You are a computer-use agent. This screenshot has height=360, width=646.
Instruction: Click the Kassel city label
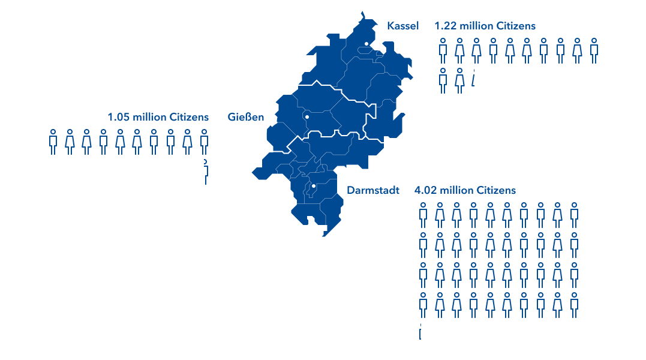[x=403, y=26]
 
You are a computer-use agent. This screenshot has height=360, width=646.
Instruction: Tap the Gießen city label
[x=246, y=116]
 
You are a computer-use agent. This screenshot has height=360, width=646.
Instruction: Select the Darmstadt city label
[x=373, y=190]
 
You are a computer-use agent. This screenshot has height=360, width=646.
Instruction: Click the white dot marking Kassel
[x=366, y=43]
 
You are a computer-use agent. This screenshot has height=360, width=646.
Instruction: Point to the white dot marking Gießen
[x=307, y=117]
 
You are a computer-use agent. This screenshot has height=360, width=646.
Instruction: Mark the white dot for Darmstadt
[x=313, y=187]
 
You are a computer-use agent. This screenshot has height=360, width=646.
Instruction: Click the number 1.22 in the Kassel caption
[x=445, y=26]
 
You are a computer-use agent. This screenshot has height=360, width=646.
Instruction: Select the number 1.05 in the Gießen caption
[x=118, y=116]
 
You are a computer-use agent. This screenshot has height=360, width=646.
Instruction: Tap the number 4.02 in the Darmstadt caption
[x=425, y=190]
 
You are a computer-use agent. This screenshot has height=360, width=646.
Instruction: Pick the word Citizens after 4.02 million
[x=496, y=190]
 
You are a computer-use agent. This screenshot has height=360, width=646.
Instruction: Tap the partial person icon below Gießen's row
[x=206, y=172]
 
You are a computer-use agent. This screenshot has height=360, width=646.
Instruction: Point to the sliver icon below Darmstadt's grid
[x=420, y=332]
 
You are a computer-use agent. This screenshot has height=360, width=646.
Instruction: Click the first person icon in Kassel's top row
[x=443, y=50]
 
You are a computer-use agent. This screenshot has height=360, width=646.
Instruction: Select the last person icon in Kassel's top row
[x=594, y=50]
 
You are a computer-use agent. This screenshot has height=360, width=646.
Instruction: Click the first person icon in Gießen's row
[x=53, y=142]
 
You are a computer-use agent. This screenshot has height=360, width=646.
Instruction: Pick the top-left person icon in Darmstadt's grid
[x=423, y=215]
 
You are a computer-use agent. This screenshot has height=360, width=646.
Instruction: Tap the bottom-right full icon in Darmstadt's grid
[x=574, y=305]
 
